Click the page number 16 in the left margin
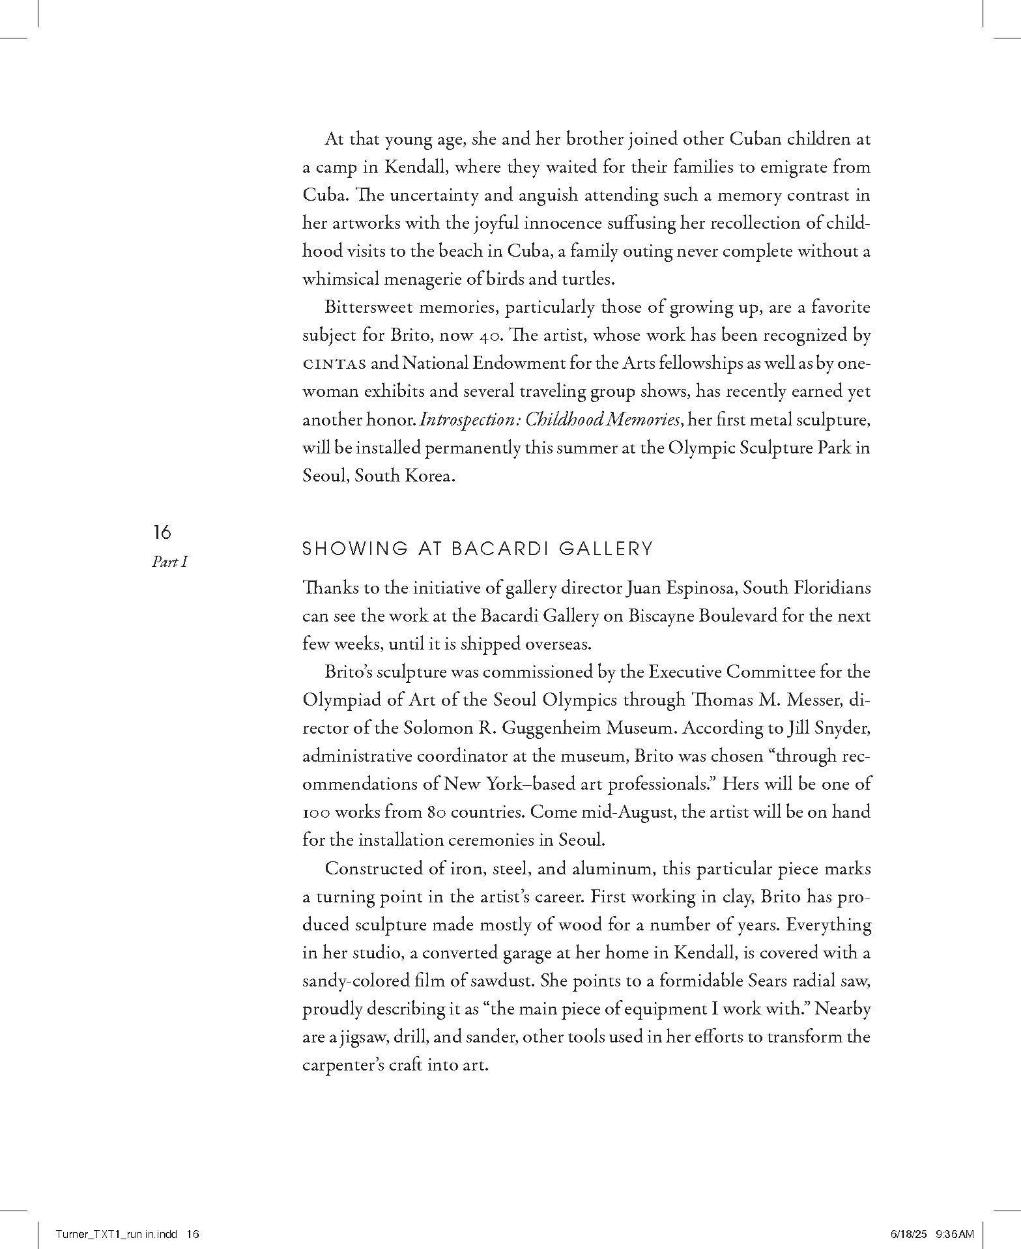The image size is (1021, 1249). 162,532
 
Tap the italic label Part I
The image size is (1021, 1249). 169,562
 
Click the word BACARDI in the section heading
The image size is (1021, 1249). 502,549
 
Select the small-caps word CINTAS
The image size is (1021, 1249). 334,364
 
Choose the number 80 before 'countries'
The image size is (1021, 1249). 437,812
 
